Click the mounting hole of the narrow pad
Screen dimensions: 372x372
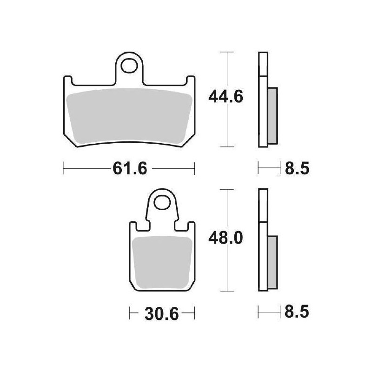(162, 203)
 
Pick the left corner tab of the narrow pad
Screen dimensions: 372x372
(133, 227)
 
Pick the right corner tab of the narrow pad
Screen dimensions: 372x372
(191, 227)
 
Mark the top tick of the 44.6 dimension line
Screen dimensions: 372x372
(226, 52)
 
